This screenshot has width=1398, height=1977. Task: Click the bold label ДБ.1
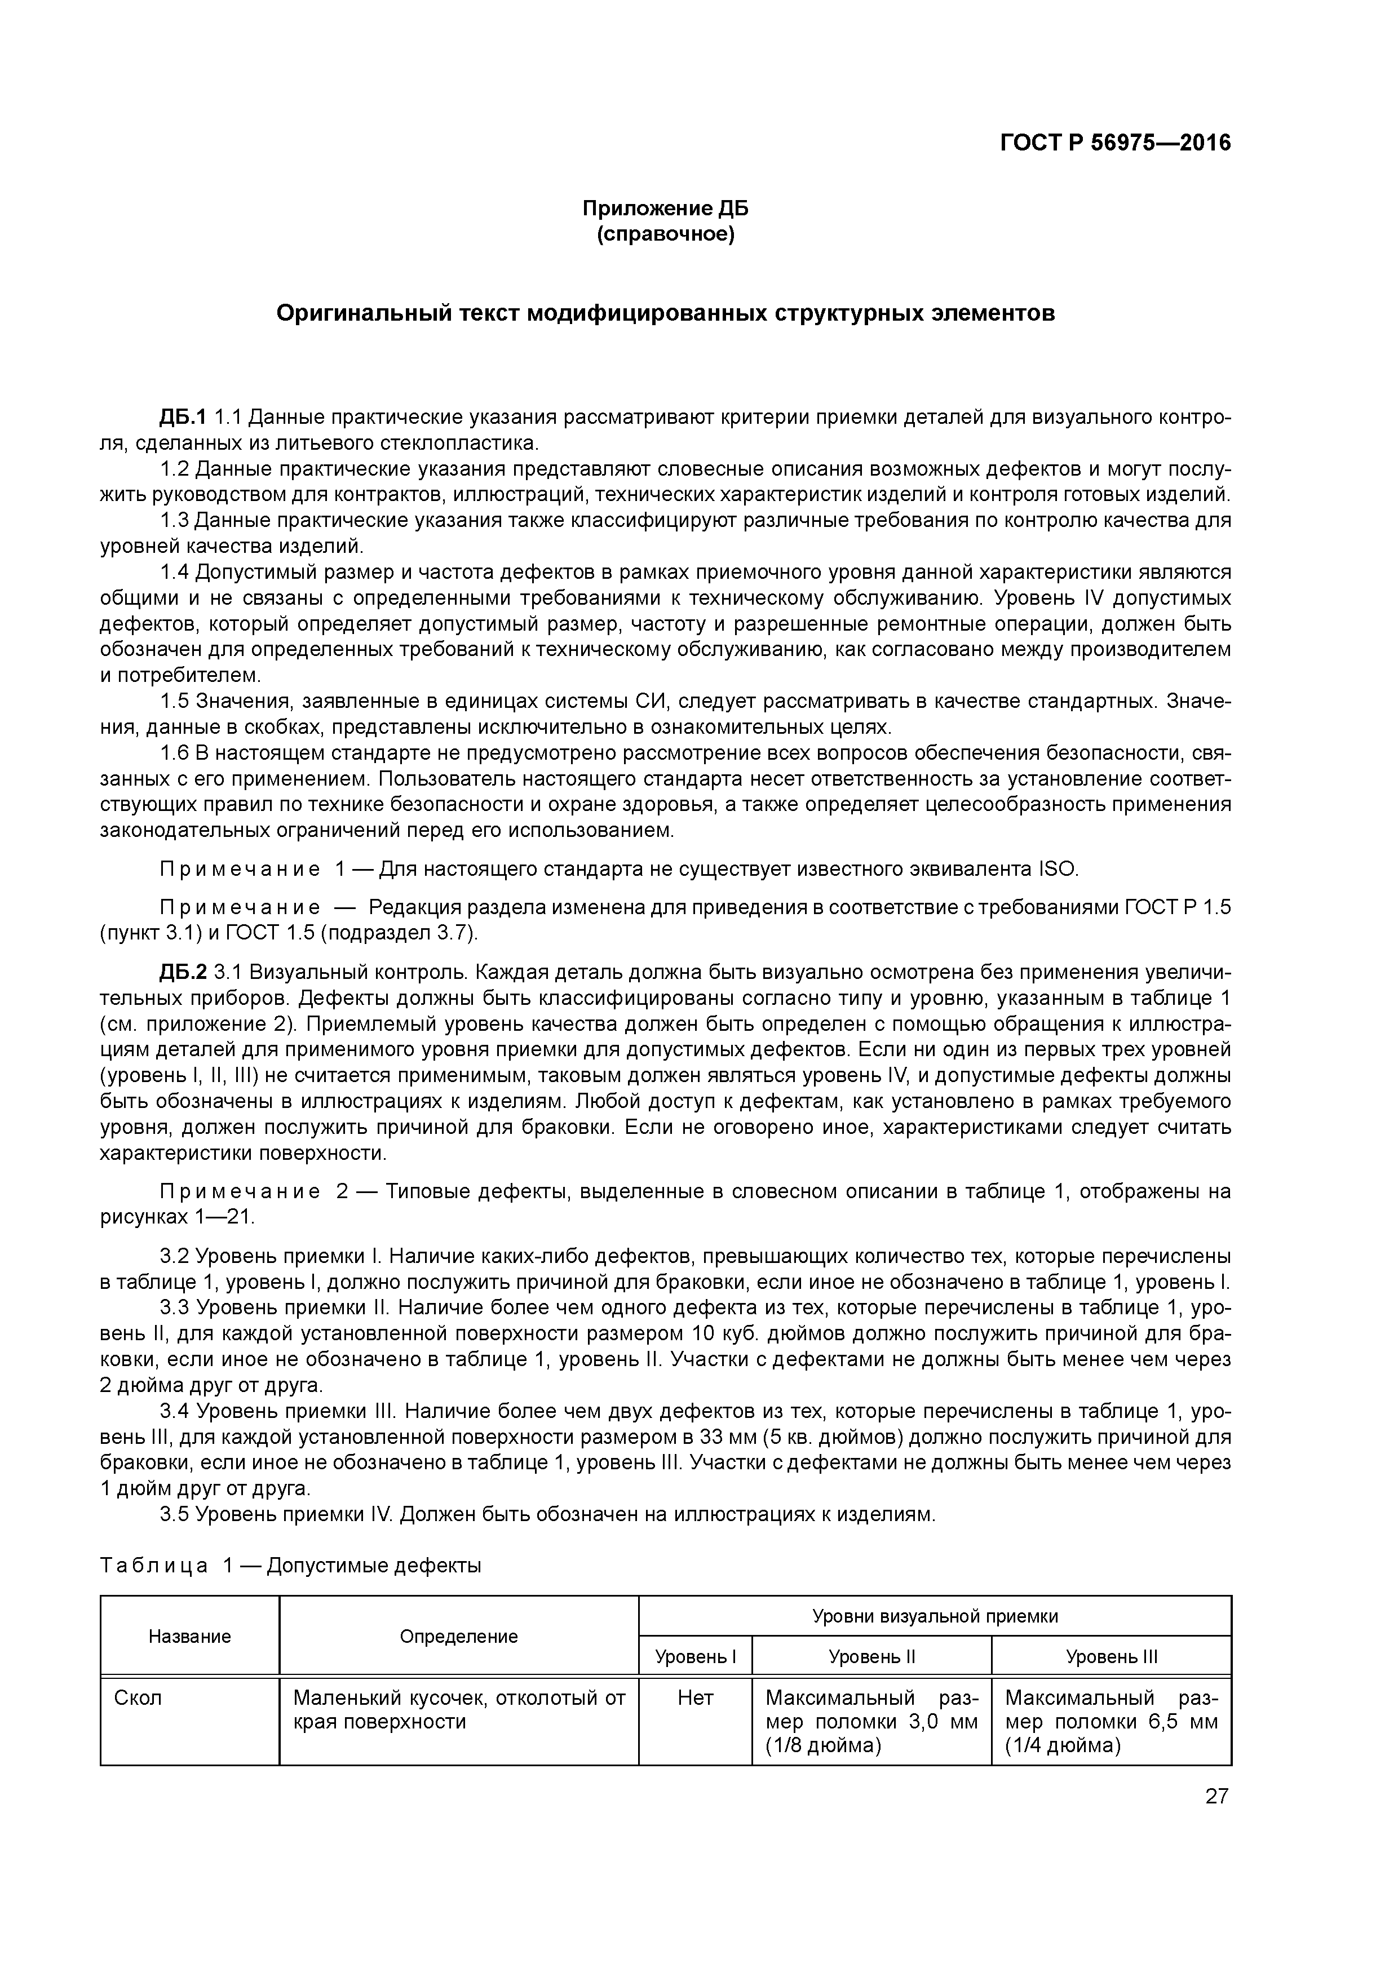[x=182, y=418]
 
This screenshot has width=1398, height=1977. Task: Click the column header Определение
[x=458, y=1636]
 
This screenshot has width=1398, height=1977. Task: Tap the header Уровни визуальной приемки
[x=935, y=1616]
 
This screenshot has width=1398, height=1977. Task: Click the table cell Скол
[x=138, y=1698]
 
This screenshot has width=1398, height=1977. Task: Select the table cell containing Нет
[x=695, y=1698]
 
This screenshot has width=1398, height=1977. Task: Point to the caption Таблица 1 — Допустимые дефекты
[x=290, y=1566]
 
